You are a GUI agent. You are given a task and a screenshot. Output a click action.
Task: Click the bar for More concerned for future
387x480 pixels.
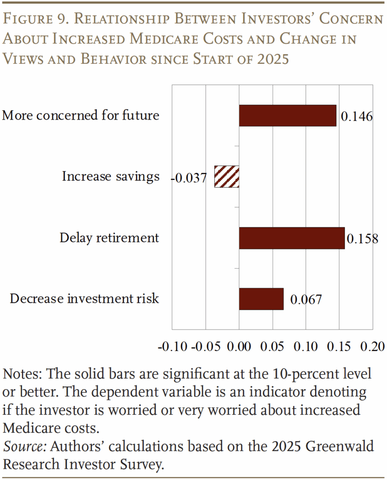tap(288, 116)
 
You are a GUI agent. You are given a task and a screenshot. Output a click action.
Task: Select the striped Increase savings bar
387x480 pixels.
tap(227, 177)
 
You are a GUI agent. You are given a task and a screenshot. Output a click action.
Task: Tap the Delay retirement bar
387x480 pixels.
tap(292, 238)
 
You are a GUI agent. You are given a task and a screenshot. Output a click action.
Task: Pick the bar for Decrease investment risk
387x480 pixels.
tap(261, 299)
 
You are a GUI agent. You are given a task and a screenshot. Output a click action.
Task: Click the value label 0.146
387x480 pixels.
tap(357, 117)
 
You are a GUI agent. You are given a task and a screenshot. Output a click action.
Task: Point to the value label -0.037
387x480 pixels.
tap(189, 178)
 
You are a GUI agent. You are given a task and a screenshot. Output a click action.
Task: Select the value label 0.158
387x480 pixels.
tap(362, 239)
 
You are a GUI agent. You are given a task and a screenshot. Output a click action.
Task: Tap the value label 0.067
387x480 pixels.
tap(306, 300)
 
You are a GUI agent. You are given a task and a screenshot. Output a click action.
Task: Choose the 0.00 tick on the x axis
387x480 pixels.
tap(239, 347)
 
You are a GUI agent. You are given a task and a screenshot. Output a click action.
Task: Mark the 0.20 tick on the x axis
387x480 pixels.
tap(373, 347)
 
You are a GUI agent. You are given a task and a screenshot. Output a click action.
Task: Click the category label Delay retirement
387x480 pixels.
tap(109, 238)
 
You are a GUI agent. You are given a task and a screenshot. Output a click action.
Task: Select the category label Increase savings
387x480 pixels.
tap(111, 177)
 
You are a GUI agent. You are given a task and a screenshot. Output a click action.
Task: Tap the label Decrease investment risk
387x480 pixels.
tap(84, 299)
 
